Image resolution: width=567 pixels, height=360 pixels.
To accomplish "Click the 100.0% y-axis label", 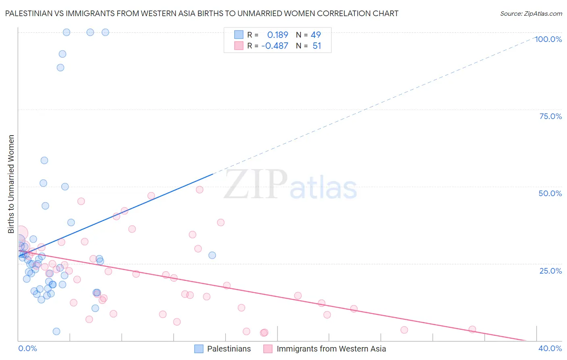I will click(x=548, y=39).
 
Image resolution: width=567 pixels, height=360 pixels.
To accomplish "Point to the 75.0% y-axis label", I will click(x=550, y=116).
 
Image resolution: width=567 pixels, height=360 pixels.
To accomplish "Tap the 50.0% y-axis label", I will click(x=550, y=193).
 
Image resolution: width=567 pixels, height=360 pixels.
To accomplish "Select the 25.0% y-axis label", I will click(x=550, y=271).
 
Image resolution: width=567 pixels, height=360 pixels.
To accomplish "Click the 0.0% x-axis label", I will click(x=27, y=348).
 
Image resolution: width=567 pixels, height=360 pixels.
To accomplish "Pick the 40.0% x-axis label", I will click(x=550, y=348).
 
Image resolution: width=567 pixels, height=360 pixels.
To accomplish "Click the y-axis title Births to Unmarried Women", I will click(x=11, y=184).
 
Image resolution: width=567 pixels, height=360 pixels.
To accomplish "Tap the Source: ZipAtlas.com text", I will click(x=531, y=13).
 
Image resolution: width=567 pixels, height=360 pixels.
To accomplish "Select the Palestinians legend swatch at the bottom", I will click(x=199, y=349).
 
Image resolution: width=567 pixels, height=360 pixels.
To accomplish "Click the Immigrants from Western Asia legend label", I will click(x=331, y=349).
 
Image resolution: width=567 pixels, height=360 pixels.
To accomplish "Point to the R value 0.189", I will click(x=277, y=35).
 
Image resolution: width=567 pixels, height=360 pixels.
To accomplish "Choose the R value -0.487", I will click(x=275, y=46).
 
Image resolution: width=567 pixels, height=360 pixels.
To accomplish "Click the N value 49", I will click(x=316, y=35).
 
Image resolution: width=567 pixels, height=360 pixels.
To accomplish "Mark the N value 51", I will click(x=317, y=46).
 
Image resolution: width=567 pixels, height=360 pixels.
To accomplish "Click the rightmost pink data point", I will click(x=472, y=329).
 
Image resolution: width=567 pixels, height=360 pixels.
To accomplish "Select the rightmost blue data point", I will click(x=212, y=255).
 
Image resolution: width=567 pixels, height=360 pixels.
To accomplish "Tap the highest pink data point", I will click(x=199, y=190).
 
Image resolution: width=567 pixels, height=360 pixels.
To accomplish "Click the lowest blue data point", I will click(x=56, y=331).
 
